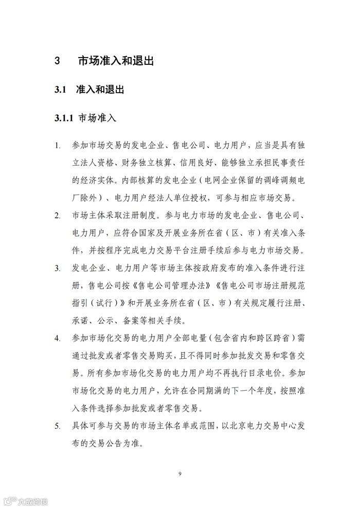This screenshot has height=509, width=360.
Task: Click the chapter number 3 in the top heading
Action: point(58,61)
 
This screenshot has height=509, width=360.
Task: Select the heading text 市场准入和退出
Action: point(116,61)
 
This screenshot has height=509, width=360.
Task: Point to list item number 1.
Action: point(58,147)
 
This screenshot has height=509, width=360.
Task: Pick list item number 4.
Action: point(58,339)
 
